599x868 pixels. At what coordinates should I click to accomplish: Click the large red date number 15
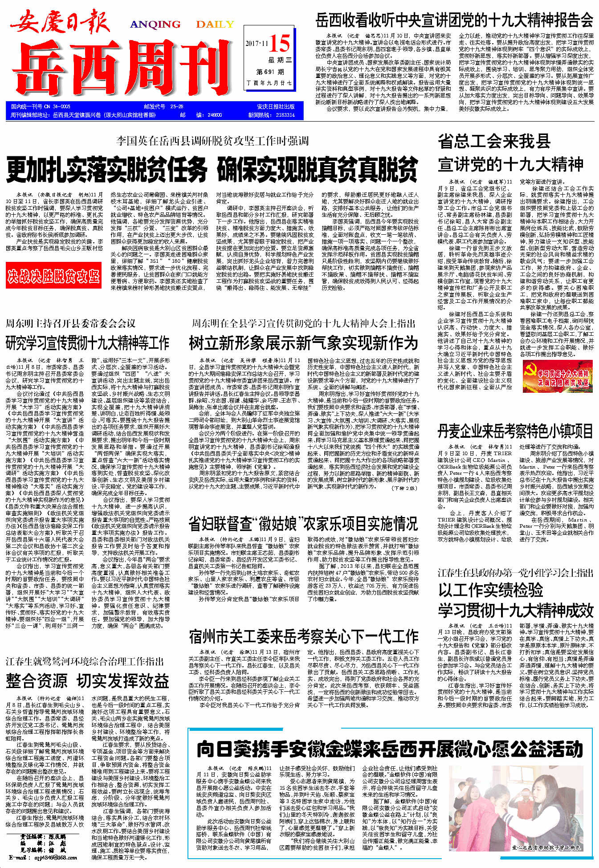click(x=280, y=43)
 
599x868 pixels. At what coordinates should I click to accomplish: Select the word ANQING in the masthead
click(x=155, y=24)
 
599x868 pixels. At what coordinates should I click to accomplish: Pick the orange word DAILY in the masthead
click(x=215, y=24)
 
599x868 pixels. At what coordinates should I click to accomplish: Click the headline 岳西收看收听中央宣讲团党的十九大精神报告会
click(x=454, y=20)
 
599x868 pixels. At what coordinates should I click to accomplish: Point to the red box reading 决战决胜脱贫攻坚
click(x=53, y=276)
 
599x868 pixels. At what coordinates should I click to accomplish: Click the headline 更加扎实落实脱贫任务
click(x=107, y=170)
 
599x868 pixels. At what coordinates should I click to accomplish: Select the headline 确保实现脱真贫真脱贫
click(x=317, y=170)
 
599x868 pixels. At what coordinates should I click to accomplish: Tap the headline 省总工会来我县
click(x=494, y=142)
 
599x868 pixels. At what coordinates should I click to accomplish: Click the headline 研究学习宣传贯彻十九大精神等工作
click(x=87, y=343)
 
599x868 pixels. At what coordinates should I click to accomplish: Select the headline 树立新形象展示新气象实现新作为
click(x=303, y=343)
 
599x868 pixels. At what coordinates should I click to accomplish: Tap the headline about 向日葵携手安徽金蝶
click(x=390, y=749)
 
